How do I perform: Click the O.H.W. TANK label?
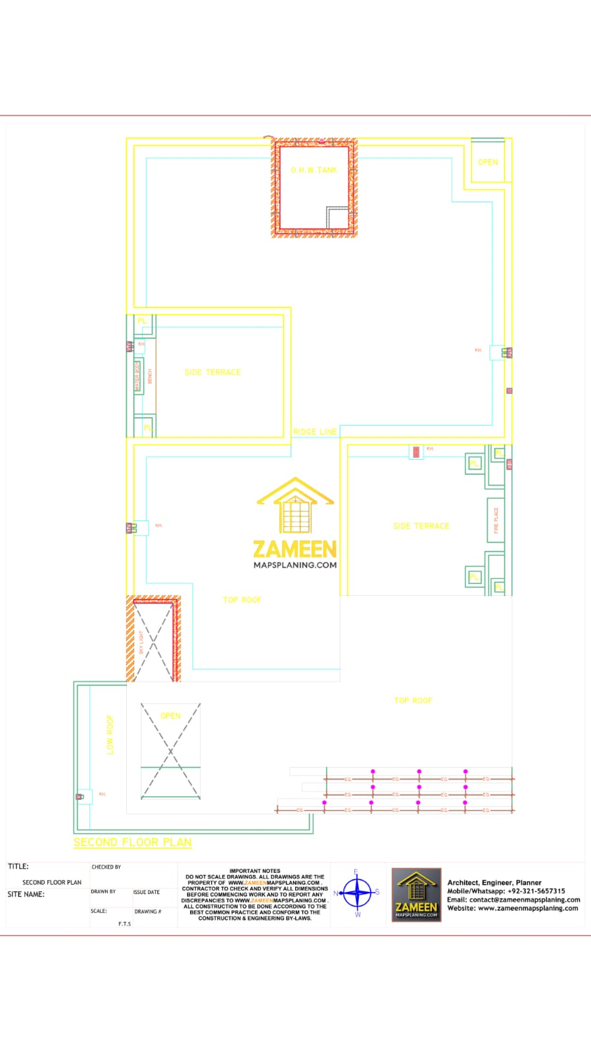point(314,170)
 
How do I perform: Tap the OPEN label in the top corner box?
point(488,162)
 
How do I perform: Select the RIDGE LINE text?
point(315,432)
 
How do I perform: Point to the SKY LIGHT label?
point(141,642)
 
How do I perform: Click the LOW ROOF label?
point(110,734)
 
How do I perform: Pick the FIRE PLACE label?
point(496,520)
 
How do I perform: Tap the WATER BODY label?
point(137,376)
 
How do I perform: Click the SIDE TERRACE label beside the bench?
point(212,372)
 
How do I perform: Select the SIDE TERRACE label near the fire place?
point(421,526)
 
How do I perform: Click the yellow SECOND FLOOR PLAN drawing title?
point(132,842)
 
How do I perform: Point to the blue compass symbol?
point(357,893)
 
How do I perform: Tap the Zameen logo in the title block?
point(416,894)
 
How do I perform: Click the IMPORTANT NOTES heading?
point(254,871)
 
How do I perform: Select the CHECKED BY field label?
point(106,867)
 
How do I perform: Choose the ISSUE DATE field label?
point(146,892)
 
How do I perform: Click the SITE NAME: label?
point(26,894)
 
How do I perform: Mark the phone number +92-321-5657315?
point(536,891)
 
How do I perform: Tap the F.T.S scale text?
point(124,924)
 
